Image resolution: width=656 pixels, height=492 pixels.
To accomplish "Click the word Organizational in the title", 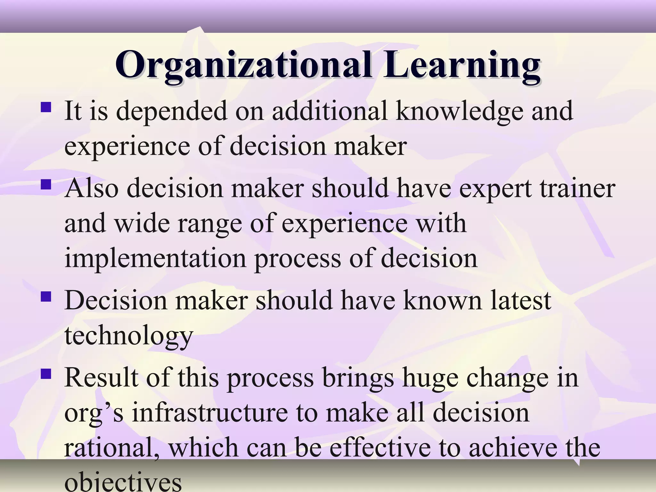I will click(x=243, y=65).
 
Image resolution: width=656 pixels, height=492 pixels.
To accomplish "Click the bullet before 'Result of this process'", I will click(x=46, y=374).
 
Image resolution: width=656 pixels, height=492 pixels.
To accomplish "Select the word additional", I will click(x=330, y=111).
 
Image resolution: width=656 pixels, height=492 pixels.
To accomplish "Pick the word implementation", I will click(x=155, y=258).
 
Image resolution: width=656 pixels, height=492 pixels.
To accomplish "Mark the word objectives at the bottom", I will click(x=123, y=482).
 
